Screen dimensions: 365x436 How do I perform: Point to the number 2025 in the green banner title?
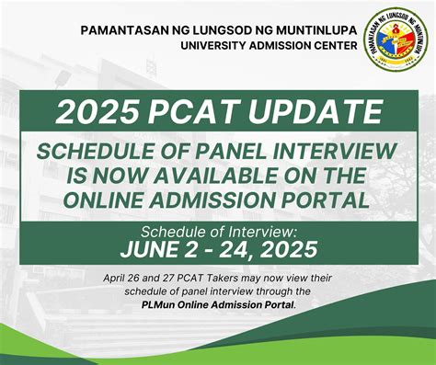[100, 112]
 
